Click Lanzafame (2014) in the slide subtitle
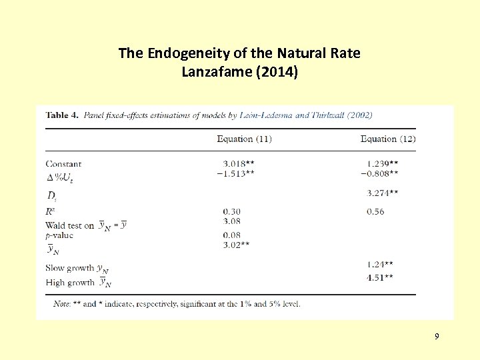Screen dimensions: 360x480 239,71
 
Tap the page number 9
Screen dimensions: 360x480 437,336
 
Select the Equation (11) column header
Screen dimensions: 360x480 244,139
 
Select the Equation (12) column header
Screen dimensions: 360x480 388,139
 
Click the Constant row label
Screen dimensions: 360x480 63,163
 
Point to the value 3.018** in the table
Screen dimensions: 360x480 239,163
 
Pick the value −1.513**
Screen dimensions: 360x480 236,173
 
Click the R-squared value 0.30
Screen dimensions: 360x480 232,211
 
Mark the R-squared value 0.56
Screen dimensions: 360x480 375,211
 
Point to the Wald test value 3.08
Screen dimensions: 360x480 232,221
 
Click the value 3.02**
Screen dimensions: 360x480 237,245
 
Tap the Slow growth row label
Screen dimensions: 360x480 70,268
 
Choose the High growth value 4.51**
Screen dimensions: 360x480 380,277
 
